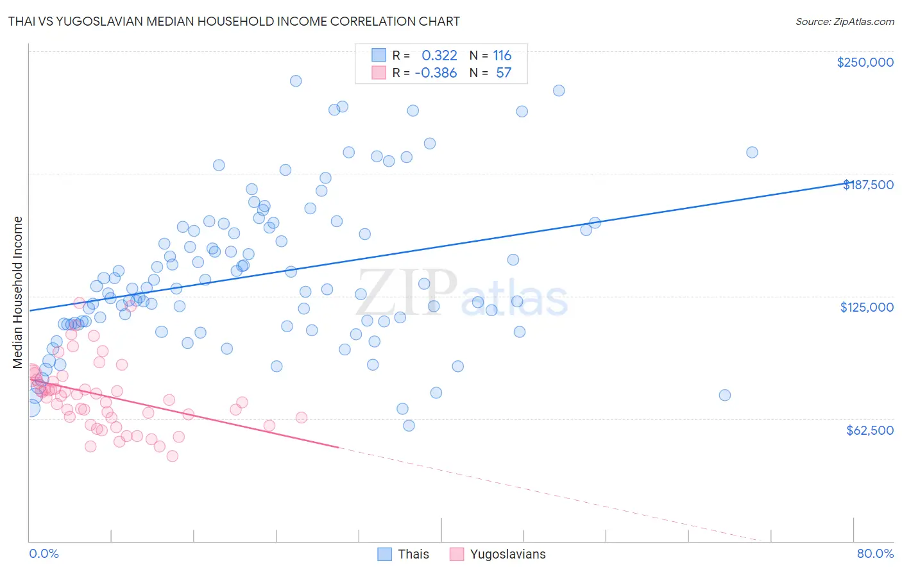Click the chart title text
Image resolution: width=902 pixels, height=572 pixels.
[x=234, y=21]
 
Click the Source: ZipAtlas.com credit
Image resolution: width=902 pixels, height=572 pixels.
[x=844, y=21]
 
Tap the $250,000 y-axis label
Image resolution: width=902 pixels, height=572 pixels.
[x=865, y=62]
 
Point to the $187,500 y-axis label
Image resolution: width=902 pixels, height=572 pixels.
[x=868, y=185]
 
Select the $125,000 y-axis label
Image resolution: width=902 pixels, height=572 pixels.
[x=867, y=307]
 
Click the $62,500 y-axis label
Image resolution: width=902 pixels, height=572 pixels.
[x=869, y=430]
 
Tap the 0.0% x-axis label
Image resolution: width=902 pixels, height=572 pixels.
[x=44, y=553]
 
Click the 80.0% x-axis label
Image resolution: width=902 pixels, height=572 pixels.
[x=875, y=553]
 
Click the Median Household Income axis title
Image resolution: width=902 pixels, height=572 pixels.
[x=17, y=292]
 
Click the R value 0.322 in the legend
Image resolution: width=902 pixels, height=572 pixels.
[x=439, y=56]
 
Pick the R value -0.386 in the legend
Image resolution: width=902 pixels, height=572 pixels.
[x=436, y=73]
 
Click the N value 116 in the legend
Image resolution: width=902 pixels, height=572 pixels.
[x=502, y=56]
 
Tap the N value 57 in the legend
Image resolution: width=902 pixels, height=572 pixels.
[x=504, y=73]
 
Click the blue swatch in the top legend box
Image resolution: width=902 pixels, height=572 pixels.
[x=379, y=55]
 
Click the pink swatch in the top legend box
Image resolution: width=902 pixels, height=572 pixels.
[x=379, y=72]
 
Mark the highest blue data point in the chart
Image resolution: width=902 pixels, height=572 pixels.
[x=296, y=81]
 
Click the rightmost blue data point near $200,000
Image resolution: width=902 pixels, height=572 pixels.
[x=752, y=153]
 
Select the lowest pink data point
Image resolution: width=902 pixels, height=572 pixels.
[x=172, y=456]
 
